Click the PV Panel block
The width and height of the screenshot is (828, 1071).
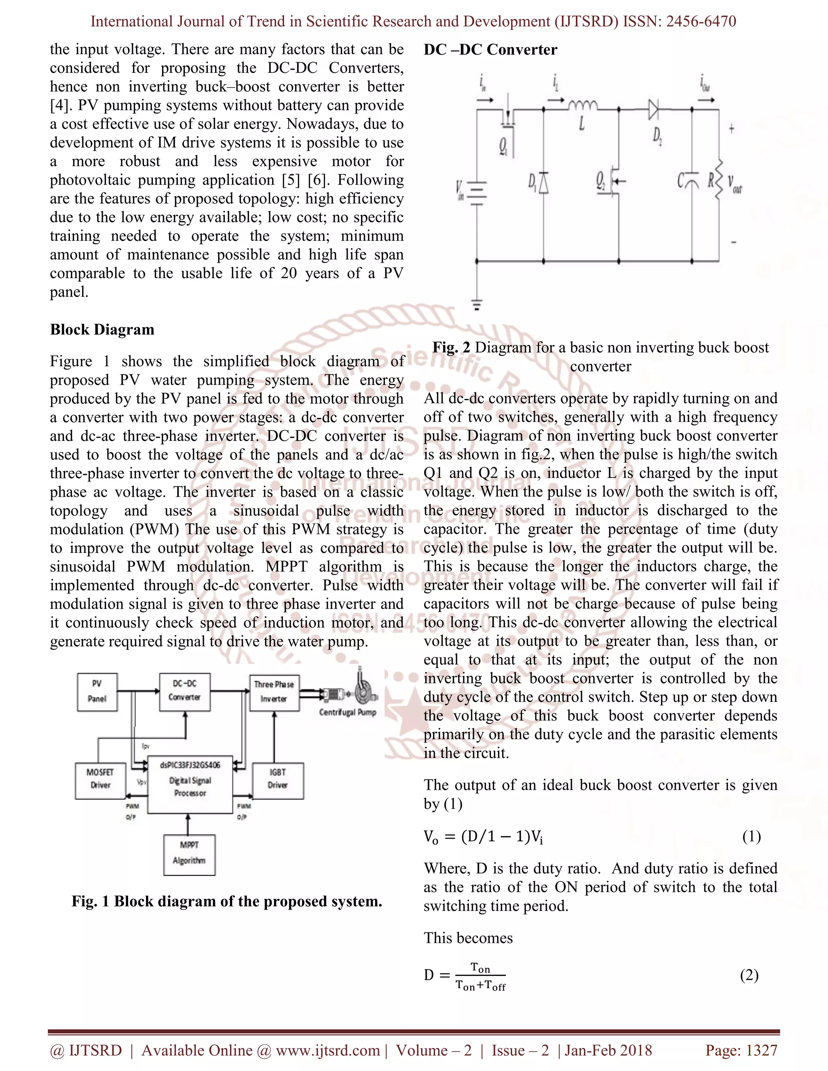tap(97, 692)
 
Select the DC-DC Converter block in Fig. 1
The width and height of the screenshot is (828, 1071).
tap(184, 692)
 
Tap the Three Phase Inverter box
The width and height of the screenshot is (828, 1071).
tap(274, 692)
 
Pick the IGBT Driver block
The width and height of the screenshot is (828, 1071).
tap(278, 780)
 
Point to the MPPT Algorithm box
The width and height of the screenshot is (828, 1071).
tap(189, 855)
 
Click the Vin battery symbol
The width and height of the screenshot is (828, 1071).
tap(476, 193)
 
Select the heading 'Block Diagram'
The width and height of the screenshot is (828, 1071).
tap(102, 329)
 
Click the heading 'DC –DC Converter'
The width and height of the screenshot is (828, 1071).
tap(490, 50)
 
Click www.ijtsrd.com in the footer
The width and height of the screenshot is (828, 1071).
tap(327, 1050)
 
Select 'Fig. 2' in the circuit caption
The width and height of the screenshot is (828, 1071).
tap(451, 347)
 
